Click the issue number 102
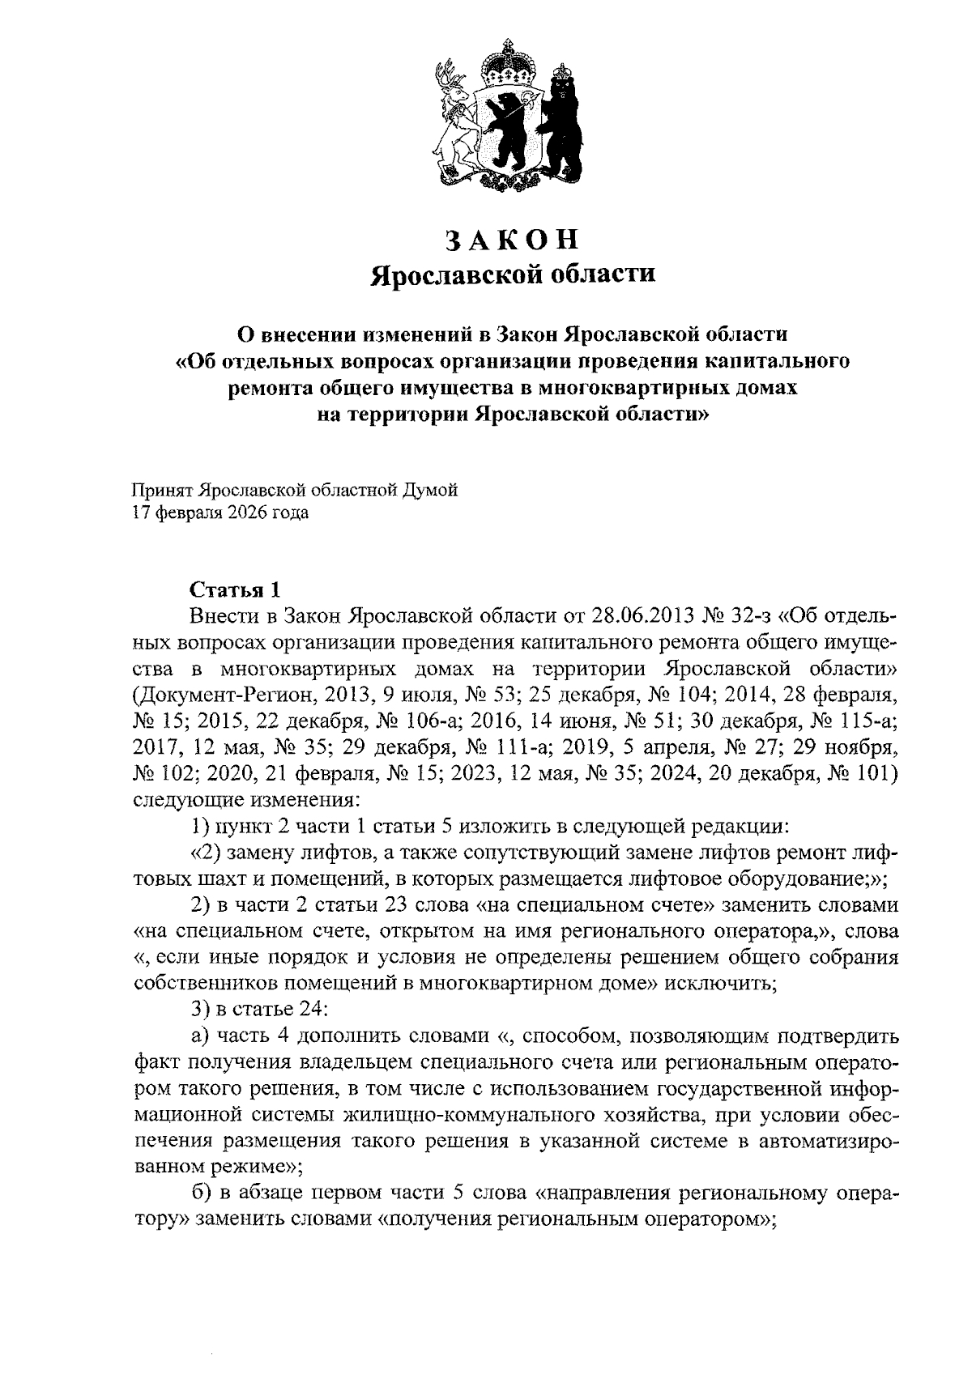[176, 773]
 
